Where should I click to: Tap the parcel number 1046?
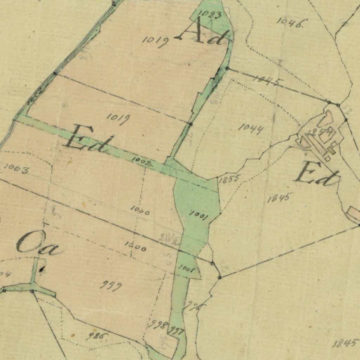(291, 22)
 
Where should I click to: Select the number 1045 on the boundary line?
(268, 81)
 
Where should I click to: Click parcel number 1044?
(251, 129)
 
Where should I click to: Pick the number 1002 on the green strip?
(142, 161)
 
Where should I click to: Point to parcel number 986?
(97, 336)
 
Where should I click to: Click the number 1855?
(229, 179)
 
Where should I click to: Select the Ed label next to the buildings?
(316, 174)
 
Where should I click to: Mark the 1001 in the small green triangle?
(186, 269)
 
